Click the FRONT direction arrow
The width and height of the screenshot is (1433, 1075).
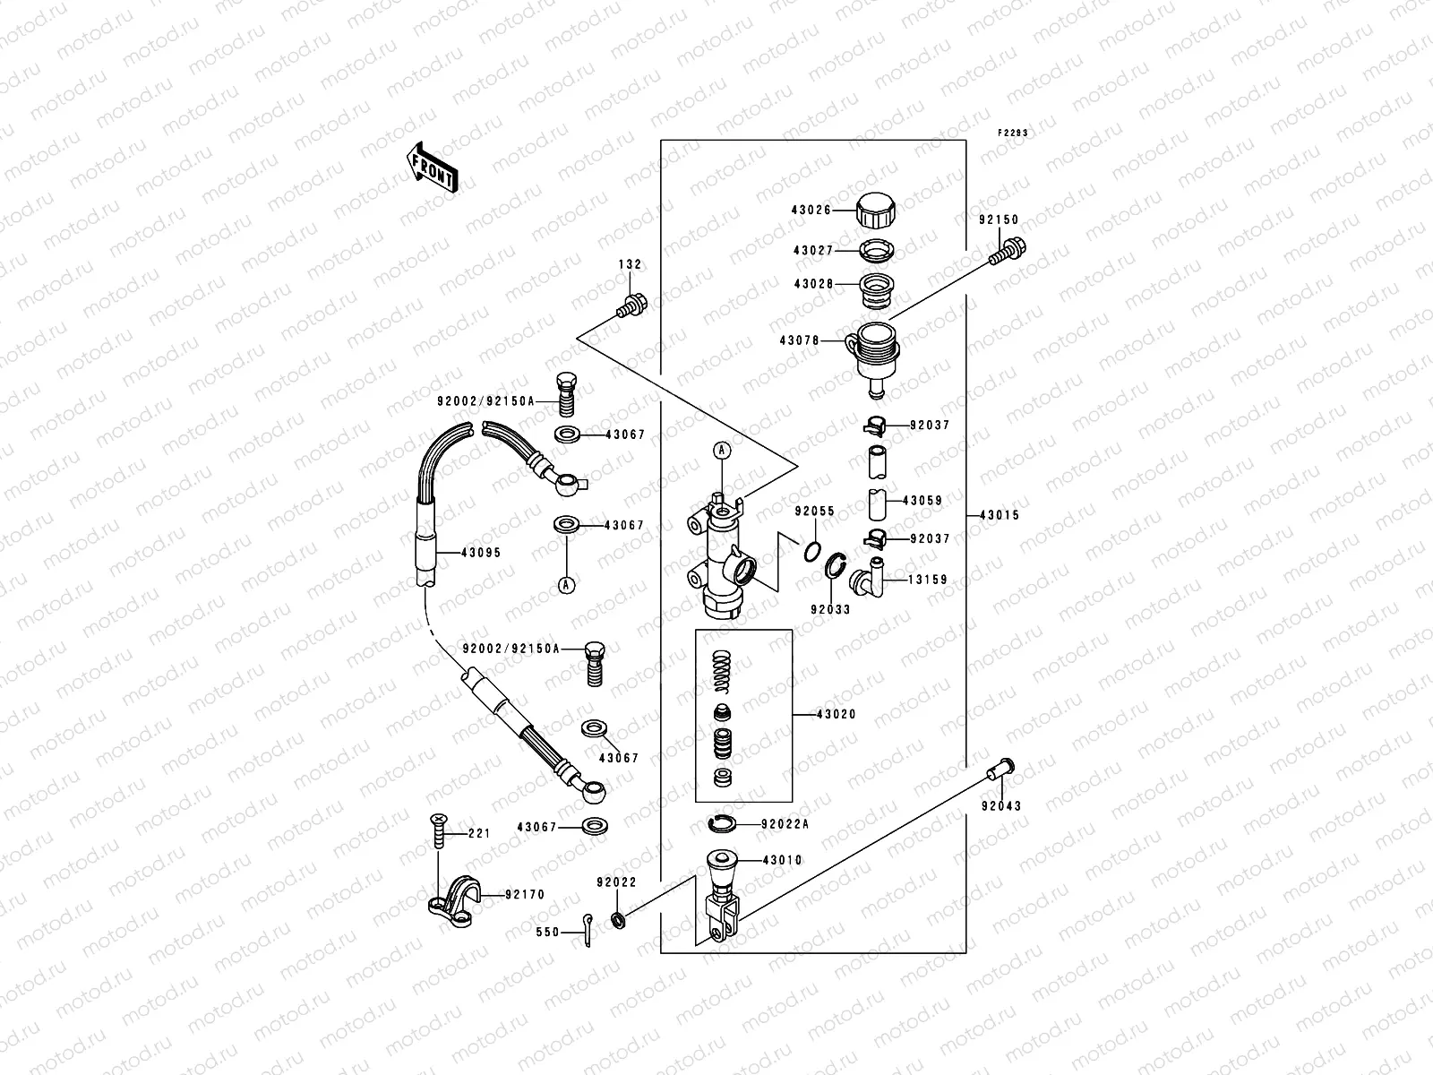[x=433, y=167]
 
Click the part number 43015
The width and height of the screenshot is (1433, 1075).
[x=1000, y=516]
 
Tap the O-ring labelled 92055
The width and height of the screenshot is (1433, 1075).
[x=811, y=549]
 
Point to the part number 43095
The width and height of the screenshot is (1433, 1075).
[x=480, y=553]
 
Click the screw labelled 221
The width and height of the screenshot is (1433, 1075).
[x=438, y=830]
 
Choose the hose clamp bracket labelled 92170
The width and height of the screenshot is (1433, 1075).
[x=455, y=896]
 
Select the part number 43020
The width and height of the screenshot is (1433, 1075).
[x=836, y=715]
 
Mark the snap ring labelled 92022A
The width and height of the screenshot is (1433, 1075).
[x=720, y=823]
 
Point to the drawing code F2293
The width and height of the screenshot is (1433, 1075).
[x=1014, y=133]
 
